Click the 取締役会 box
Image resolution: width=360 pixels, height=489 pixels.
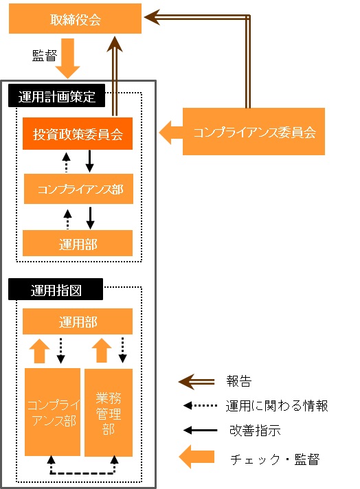coord(75,19)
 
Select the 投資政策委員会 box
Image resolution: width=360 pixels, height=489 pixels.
coord(78,133)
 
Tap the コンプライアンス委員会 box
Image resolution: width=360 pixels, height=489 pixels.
coord(254,131)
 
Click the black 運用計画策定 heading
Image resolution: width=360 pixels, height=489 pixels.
coord(56,95)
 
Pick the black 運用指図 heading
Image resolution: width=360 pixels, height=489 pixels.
coord(56,289)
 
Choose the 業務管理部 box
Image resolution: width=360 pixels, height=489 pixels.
coord(109,413)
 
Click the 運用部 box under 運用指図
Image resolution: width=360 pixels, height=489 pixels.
coord(78,321)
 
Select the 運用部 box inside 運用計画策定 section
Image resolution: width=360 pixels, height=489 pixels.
coord(78,243)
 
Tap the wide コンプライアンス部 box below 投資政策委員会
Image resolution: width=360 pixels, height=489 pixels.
coord(78,189)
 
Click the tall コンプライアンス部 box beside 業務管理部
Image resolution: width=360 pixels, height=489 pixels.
coord(52,412)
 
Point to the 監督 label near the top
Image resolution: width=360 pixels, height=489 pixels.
coord(45,56)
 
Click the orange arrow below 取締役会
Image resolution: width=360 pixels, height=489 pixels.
coord(68,58)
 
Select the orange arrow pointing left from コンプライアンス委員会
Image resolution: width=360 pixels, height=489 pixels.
coord(171,133)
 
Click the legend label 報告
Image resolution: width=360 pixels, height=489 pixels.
coord(239,381)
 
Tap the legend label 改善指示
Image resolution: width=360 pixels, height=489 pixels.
coord(255,431)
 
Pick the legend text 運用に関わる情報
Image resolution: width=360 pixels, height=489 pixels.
coord(277,406)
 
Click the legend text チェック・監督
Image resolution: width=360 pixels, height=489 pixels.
coord(275,459)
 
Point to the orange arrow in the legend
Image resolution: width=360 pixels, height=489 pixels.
coord(196,457)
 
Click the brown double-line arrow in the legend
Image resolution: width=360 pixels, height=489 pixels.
coord(196,382)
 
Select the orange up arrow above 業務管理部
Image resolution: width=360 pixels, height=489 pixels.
coord(102,350)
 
